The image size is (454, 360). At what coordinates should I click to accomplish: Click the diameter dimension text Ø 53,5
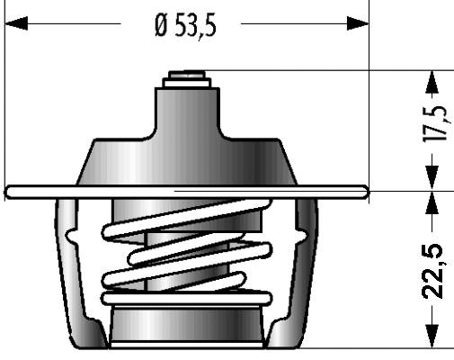pos(185,26)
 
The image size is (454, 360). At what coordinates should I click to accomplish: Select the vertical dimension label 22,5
pos(433,272)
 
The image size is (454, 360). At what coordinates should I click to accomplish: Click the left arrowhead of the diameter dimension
pos(16,23)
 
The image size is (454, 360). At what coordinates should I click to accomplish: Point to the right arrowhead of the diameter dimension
pos(358,23)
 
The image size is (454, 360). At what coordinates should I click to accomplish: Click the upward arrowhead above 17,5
pos(432,82)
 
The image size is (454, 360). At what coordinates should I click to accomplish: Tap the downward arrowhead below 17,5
pos(432,177)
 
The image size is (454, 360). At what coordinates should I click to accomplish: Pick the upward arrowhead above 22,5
pos(432,202)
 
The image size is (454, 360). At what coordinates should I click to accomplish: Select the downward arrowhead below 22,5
pos(432,337)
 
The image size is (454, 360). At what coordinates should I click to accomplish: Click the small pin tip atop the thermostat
pos(187,75)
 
